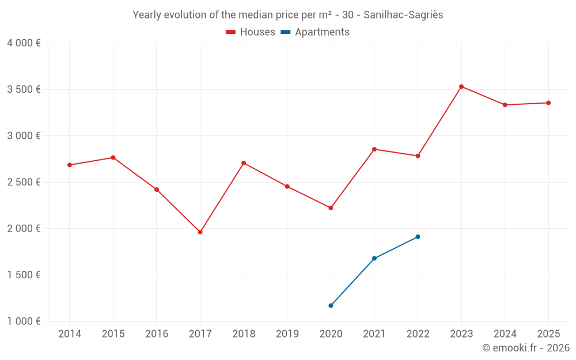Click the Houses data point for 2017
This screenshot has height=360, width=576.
point(200,232)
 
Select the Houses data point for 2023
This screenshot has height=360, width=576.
point(461,86)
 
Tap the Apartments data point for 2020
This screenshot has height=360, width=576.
point(331,305)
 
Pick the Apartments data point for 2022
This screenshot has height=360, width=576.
point(418,237)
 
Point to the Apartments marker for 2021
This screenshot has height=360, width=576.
point(374,258)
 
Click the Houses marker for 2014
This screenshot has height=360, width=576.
point(70,165)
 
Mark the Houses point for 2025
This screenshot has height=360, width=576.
point(548,103)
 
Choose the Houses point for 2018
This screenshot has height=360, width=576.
point(244,163)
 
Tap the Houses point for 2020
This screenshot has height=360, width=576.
point(331,208)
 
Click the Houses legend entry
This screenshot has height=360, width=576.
point(251,32)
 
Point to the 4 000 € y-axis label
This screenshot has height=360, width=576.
point(24,43)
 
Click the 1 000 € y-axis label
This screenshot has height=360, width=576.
point(24,321)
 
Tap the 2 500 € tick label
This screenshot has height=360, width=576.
point(24,182)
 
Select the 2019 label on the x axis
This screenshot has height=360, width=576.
point(287,334)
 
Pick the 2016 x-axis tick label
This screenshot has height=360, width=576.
point(157,334)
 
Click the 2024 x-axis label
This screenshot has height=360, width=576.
point(505,334)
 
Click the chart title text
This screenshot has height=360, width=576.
point(288,15)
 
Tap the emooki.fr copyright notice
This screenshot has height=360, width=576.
point(526,348)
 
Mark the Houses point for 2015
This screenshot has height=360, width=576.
point(113,157)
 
